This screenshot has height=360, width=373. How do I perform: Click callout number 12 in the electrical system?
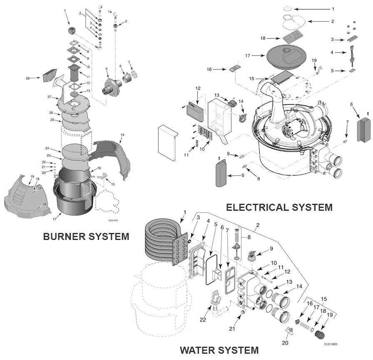pyautogui.click(x=198, y=88)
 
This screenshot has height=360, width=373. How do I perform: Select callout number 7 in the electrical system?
pyautogui.click(x=347, y=122)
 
